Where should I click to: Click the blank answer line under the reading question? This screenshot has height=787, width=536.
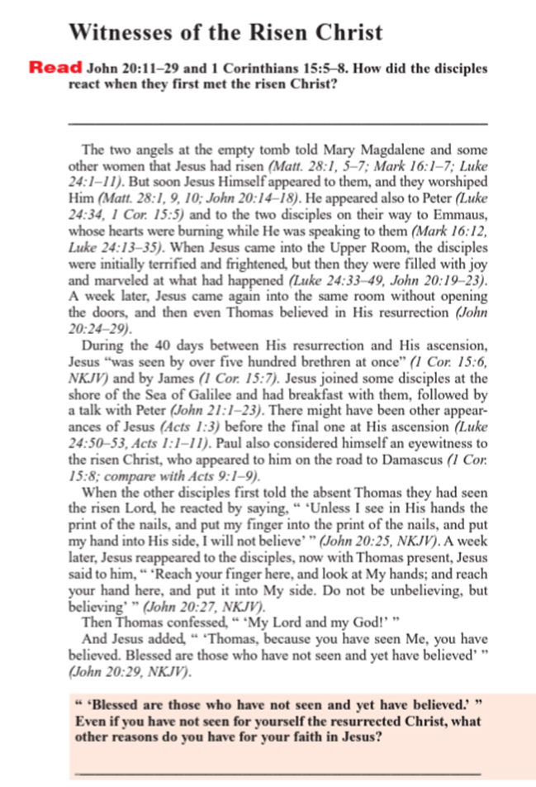[x=276, y=122]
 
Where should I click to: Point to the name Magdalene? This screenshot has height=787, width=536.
[x=390, y=150]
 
